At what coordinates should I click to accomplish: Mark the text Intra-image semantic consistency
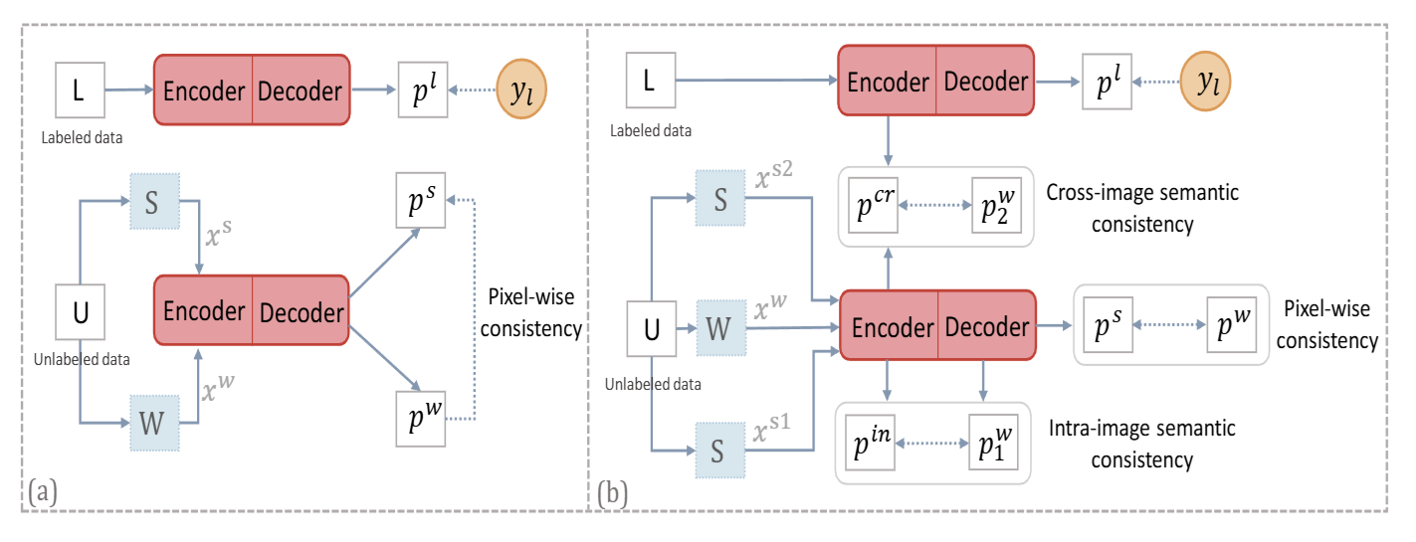point(1141,444)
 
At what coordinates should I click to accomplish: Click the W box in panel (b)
point(719,327)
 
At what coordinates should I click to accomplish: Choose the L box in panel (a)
point(80,92)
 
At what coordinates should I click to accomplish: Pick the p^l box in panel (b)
point(1108,83)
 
